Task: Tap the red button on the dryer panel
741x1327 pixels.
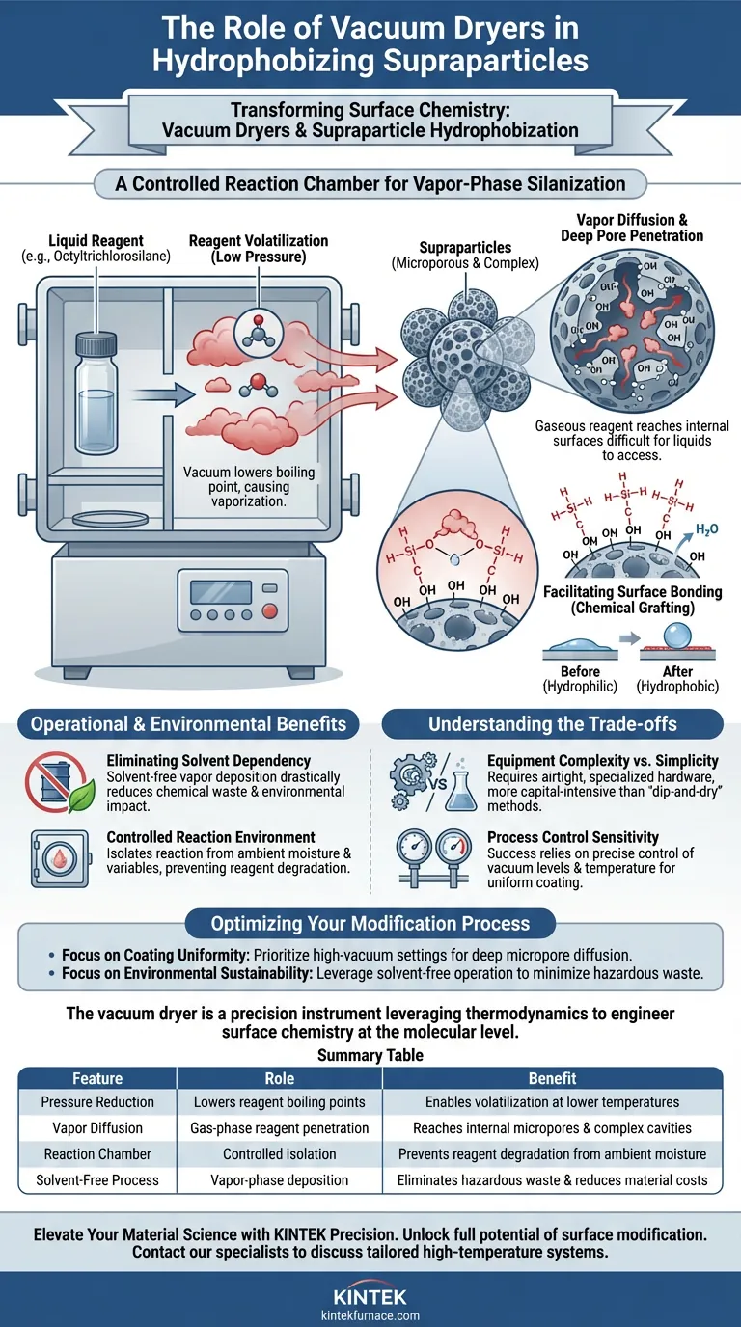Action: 271,610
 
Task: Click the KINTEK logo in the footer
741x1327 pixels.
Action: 370,1296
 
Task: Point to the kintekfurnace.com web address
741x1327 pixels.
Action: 370,1314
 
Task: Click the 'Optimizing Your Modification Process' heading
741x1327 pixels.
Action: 370,923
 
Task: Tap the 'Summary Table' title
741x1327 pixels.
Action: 370,1055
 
